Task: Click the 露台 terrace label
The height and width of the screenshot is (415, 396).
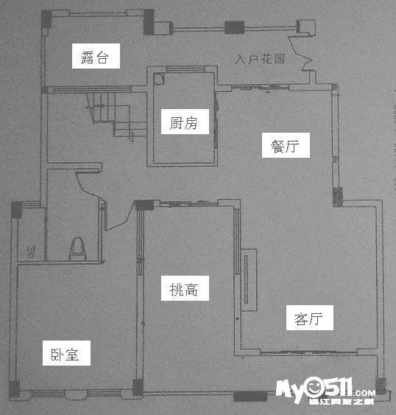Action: [96, 56]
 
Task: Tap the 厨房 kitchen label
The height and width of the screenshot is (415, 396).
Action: [185, 122]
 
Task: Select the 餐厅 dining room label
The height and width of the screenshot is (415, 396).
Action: [286, 145]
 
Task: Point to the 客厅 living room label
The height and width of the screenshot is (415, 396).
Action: [310, 318]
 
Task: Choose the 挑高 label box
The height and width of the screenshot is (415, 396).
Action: [185, 288]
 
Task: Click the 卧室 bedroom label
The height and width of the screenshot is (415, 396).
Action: [67, 353]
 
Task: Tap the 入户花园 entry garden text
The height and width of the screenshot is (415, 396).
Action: [260, 59]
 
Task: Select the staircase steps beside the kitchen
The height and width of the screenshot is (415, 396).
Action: [116, 114]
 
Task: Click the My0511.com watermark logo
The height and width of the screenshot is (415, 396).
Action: [325, 391]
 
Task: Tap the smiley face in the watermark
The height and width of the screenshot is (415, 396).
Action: [314, 387]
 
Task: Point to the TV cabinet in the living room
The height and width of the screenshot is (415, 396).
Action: [249, 280]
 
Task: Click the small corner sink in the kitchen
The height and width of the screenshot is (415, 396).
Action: [159, 79]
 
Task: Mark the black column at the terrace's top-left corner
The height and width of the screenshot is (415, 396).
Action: [46, 19]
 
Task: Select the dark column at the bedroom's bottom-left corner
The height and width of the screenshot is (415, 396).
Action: [14, 388]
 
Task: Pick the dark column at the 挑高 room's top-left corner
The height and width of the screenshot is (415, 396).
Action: [144, 205]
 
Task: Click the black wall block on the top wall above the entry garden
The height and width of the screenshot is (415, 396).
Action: [235, 27]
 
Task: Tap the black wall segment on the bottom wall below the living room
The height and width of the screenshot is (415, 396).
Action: [250, 397]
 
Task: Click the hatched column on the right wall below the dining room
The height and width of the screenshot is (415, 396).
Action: [338, 197]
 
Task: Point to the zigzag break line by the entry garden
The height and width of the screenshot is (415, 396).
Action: [300, 53]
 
